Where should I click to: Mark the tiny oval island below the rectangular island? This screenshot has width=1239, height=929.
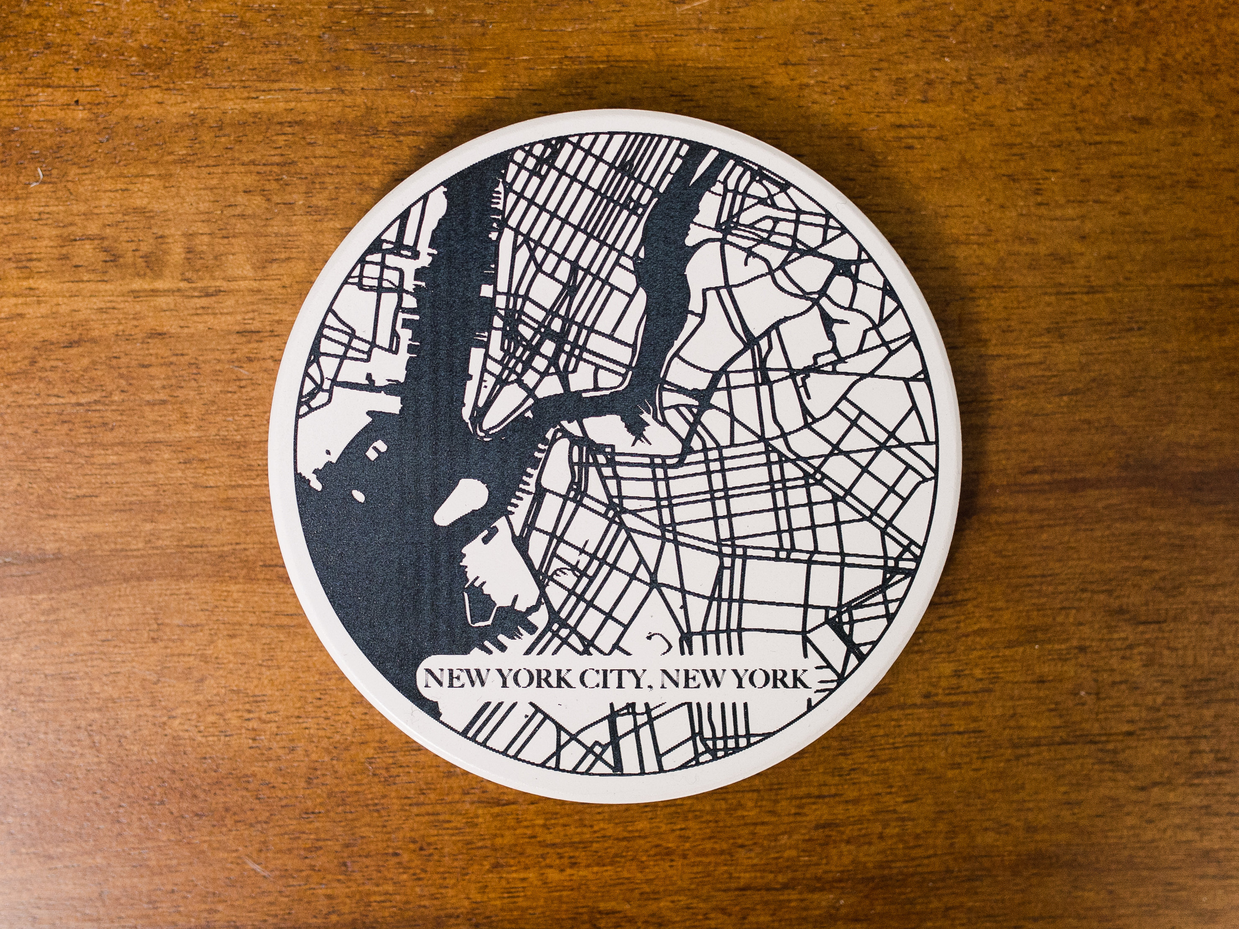pos(357,495)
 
